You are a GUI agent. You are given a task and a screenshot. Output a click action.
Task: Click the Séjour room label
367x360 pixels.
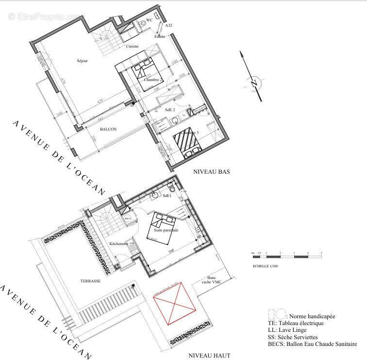[x=82, y=61]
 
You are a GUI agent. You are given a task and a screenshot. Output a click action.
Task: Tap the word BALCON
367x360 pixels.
[x=108, y=129]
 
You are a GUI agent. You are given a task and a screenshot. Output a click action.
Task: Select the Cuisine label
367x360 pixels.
[x=132, y=47]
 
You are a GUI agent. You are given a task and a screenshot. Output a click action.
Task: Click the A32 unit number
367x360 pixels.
[x=168, y=25]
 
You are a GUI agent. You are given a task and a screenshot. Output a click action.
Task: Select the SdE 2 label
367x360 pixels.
[x=170, y=110]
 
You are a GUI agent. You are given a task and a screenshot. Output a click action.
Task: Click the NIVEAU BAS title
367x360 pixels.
[x=211, y=172]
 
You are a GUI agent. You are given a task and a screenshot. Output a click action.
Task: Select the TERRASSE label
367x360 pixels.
[x=90, y=281]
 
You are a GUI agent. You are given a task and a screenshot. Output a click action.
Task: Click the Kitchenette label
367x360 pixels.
[x=118, y=244]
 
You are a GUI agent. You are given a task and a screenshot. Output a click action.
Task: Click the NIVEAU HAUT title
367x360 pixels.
[x=209, y=356]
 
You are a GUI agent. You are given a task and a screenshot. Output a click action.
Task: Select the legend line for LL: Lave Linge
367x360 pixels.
[x=290, y=330]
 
